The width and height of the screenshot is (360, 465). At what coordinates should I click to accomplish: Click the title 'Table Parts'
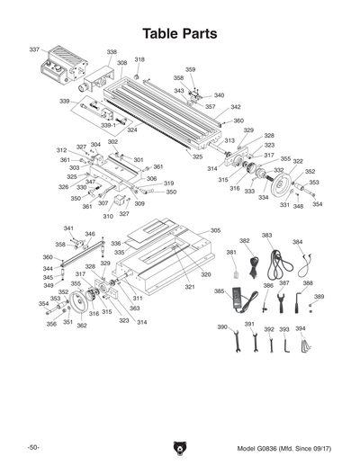point(179,33)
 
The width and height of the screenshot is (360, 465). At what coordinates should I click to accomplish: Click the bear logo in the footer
point(179,446)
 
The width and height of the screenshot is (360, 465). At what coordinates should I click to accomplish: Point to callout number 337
point(34,49)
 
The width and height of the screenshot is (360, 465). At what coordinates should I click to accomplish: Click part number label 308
point(121,63)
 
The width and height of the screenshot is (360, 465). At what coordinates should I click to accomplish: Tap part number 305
point(215,231)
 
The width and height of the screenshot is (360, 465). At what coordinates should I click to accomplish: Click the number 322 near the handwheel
point(297,162)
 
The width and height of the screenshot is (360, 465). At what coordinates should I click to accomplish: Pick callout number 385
point(219,291)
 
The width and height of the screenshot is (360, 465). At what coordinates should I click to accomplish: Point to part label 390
point(221,326)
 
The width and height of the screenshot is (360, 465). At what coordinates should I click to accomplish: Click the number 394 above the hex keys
point(301,329)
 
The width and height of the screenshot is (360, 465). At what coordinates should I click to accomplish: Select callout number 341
point(68,228)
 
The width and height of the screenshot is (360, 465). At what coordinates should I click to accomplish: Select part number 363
point(134,309)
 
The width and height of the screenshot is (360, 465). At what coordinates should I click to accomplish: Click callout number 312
point(61,150)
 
